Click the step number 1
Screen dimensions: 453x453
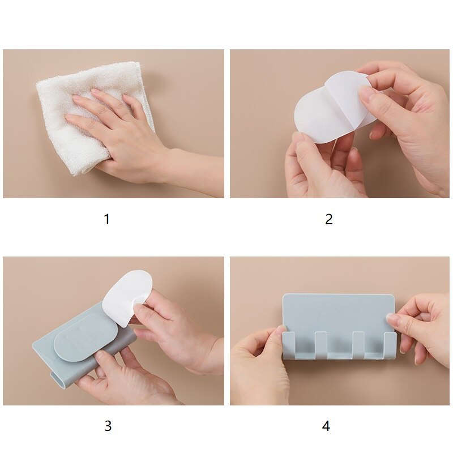(107, 219)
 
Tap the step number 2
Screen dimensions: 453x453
(329, 219)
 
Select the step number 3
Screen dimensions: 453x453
(108, 426)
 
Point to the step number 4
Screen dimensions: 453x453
(326, 426)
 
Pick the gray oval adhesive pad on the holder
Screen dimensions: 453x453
(85, 345)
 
